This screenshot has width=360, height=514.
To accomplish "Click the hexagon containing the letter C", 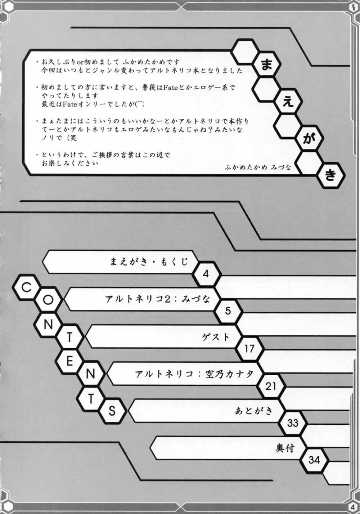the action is (27, 287).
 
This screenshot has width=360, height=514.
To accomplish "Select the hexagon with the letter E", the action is (69, 361).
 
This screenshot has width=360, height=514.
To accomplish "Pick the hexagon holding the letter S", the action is (112, 411).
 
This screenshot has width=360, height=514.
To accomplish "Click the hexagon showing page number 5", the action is (228, 311).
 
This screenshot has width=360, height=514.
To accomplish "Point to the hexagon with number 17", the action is (249, 348).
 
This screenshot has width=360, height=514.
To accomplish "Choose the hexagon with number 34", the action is (314, 460).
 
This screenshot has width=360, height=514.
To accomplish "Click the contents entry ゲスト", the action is (216, 337).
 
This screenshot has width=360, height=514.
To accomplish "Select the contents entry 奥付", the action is (285, 447).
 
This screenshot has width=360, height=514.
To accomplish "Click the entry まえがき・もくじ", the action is (149, 262).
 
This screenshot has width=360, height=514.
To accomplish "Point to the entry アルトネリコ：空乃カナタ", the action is (194, 374).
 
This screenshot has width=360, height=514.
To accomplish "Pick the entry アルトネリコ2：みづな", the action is (158, 299).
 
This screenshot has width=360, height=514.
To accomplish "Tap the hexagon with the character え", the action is (288, 102).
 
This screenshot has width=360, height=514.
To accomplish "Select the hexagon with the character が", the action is (309, 139).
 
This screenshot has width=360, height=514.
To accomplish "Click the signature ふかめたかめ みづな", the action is (258, 167).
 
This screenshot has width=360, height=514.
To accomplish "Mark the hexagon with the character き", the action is (330, 175).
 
